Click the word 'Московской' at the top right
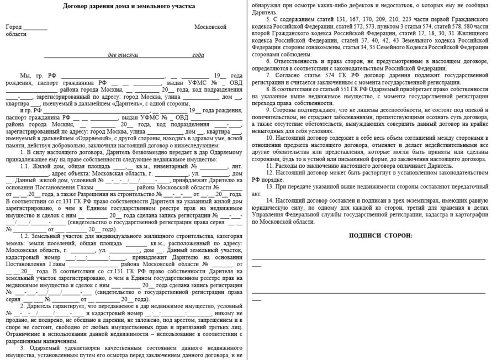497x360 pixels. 210,27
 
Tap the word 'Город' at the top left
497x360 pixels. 14,27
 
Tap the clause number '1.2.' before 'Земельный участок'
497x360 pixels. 27,252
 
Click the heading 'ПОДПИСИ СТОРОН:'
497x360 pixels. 380,236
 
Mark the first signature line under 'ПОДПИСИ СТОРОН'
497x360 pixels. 368,258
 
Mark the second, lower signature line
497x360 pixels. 368,292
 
